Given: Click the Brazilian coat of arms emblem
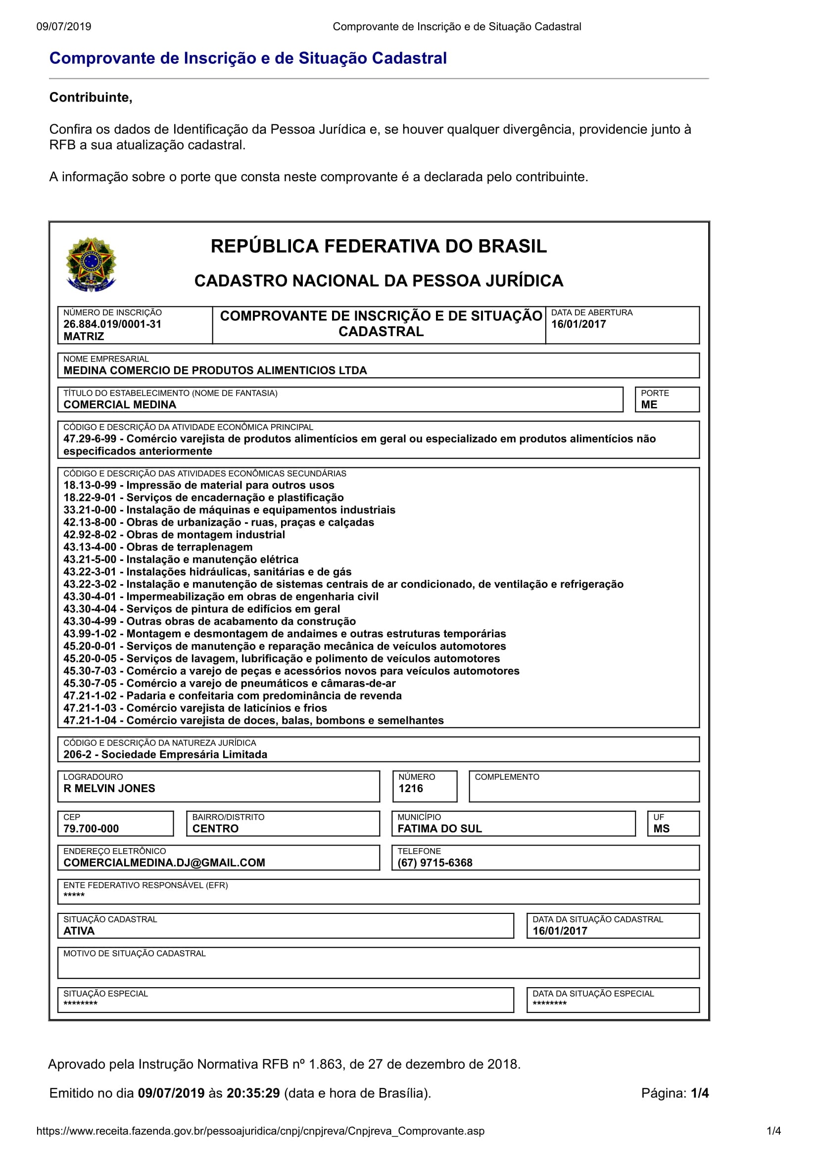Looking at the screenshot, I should (91, 264).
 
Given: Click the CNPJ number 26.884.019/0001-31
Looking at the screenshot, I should (112, 324).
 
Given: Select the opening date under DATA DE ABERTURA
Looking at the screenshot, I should (578, 324).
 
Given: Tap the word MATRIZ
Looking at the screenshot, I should (84, 336).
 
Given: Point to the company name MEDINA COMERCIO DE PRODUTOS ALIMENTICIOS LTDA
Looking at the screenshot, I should (215, 371).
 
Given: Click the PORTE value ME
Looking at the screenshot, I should (649, 404).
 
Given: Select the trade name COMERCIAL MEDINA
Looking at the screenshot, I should (119, 404).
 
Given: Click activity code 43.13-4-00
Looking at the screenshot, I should (90, 547).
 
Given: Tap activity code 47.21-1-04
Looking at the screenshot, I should (90, 720).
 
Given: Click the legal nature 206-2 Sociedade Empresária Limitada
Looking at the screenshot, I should (165, 755).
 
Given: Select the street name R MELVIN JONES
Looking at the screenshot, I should (109, 788).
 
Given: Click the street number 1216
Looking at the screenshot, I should (410, 788).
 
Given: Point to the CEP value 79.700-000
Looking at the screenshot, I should (91, 829).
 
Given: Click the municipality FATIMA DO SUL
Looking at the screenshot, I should (439, 829).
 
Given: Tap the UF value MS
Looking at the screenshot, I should (661, 829).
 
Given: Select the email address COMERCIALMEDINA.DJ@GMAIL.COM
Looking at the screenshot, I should (164, 862).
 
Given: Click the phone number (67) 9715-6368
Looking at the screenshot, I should (434, 862).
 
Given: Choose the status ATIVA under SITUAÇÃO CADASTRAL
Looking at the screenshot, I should (79, 931).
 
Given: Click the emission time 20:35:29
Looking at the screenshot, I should (253, 1094).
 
